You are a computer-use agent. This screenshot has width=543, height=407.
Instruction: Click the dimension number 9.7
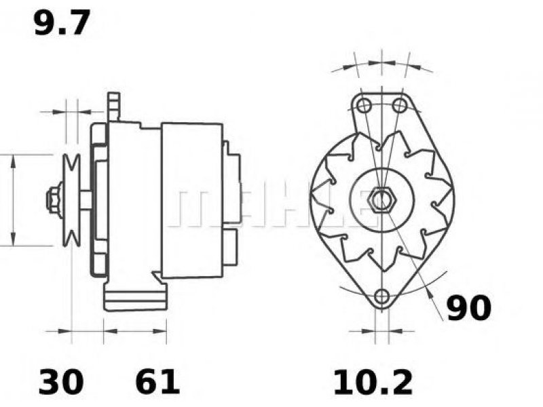(62, 22)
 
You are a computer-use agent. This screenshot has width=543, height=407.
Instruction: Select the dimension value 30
(61, 382)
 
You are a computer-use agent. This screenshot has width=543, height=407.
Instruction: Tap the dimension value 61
(157, 382)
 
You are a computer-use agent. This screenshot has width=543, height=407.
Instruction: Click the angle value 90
(469, 308)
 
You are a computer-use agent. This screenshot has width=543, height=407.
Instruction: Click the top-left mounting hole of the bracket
(364, 105)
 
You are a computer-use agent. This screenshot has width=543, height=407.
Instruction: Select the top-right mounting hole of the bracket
(400, 105)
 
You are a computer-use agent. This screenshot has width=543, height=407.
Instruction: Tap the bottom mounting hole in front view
(381, 296)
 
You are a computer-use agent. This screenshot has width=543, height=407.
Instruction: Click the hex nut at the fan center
(381, 200)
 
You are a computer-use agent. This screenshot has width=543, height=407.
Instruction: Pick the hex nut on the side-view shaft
(54, 200)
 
